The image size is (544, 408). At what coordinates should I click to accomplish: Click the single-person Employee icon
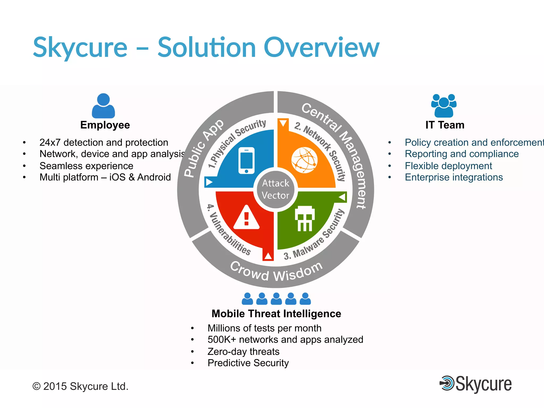pyautogui.click(x=103, y=106)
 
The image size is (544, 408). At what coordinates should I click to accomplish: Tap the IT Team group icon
pyautogui.click(x=444, y=106)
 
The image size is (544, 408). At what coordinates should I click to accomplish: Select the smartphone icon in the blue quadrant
pyautogui.click(x=246, y=160)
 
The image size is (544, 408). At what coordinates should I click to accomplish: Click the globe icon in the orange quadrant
pyautogui.click(x=304, y=160)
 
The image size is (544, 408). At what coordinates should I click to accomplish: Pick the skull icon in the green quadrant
pyautogui.click(x=305, y=218)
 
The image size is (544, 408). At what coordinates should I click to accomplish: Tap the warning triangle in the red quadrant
pyautogui.click(x=246, y=218)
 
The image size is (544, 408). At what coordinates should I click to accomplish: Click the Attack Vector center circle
pyautogui.click(x=275, y=189)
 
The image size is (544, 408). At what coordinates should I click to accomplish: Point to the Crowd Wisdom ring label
pyautogui.click(x=276, y=271)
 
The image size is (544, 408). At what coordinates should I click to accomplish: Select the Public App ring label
pyautogui.click(x=204, y=148)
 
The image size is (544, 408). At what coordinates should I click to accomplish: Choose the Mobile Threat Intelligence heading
pyautogui.click(x=276, y=314)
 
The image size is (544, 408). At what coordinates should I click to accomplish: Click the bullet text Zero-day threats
pyautogui.click(x=243, y=351)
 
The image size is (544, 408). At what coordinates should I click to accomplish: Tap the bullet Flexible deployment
pyautogui.click(x=448, y=166)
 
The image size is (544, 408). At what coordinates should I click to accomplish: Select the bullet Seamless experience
pyautogui.click(x=86, y=166)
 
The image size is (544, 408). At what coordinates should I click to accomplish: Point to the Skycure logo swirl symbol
pyautogui.click(x=447, y=383)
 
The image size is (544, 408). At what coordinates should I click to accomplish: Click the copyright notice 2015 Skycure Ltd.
pyautogui.click(x=80, y=386)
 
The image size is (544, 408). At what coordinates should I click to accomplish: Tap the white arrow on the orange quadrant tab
pyautogui.click(x=283, y=123)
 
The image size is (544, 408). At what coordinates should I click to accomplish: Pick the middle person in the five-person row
pyautogui.click(x=276, y=299)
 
